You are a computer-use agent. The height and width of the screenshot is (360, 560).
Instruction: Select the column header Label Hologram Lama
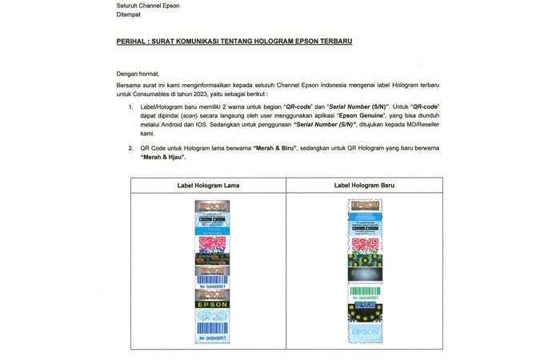pos(208,186)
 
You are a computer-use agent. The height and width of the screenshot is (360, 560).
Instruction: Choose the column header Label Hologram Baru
pos(365,186)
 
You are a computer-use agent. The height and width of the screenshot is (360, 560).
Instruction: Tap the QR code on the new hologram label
pos(365,244)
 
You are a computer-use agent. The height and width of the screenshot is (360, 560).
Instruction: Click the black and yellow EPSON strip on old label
pos(212,304)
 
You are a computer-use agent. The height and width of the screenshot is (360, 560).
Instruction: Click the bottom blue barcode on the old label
pos(212,328)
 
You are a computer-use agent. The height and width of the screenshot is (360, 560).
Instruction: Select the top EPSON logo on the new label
pos(365,205)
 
